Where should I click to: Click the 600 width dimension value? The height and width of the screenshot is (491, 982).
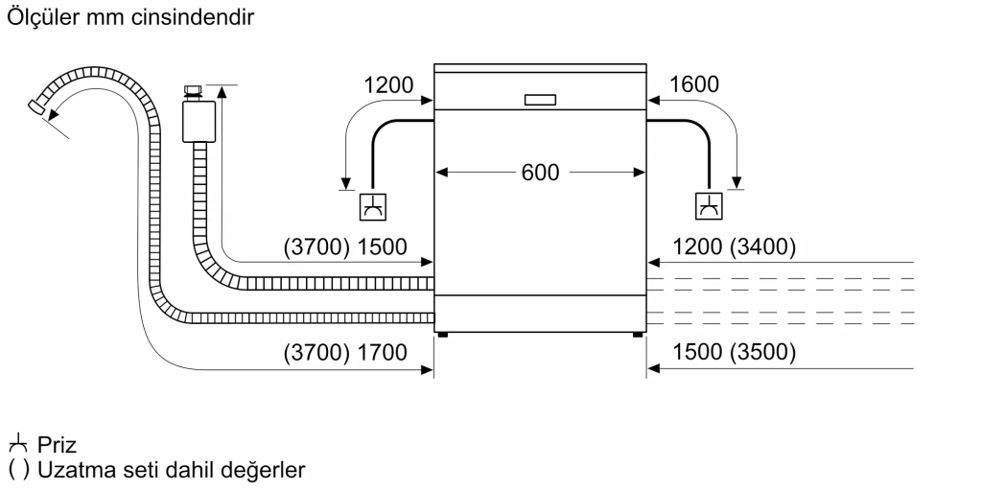540,173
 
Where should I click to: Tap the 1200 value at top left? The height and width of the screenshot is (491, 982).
388,84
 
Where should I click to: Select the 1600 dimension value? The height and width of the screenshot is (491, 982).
694,84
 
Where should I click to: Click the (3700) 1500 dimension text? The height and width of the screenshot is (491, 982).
345,247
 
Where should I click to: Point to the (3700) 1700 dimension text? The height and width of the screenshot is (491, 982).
345,353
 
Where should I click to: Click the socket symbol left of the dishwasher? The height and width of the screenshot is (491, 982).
371,205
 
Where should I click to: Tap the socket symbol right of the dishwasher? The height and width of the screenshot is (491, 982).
710,205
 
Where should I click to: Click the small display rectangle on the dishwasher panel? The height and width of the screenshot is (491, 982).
540,99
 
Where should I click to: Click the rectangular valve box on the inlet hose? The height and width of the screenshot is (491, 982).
199,121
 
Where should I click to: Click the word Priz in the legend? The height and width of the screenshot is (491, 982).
58,446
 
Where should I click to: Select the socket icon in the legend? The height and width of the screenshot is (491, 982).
18,445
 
